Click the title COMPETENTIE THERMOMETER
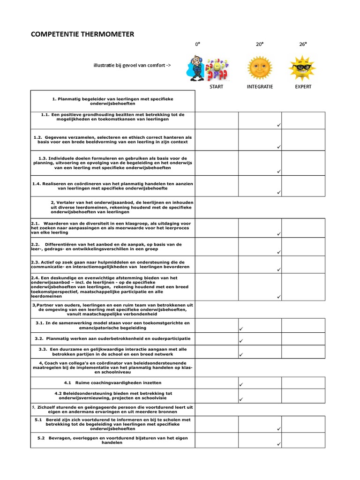82,34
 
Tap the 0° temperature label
198,44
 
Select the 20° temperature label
259,44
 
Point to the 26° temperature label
303,44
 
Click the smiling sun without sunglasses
260,67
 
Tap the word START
217,87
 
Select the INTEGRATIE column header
260,87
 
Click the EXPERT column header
303,87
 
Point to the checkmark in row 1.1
278,126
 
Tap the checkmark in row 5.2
278,443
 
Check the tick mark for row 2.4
278,297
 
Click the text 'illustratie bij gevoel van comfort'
132,65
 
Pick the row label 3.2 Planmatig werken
112,338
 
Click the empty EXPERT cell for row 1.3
303,163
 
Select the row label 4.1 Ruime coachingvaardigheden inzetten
112,383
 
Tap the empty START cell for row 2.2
217,247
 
